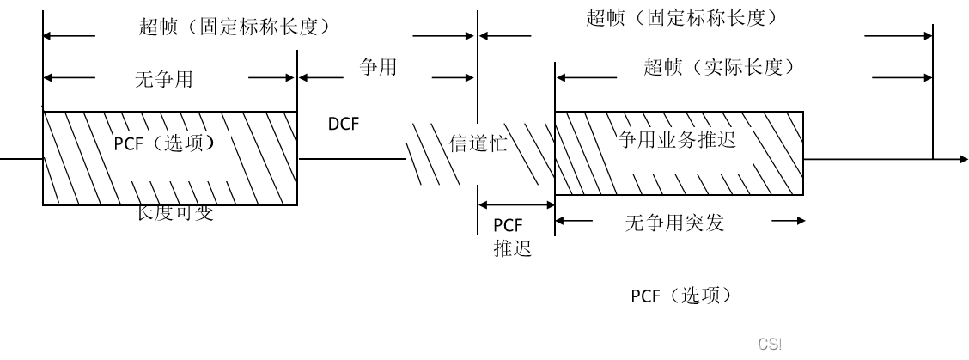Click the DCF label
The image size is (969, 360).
(344, 125)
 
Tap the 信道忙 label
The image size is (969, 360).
(478, 143)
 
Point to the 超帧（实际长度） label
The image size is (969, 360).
(719, 67)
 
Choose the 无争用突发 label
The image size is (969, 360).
(675, 223)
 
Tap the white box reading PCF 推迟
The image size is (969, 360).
(517, 253)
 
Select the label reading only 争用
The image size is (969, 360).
(378, 67)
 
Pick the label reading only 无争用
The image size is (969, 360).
(164, 80)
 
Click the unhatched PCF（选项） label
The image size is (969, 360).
(683, 296)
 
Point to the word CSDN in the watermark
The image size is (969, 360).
(778, 344)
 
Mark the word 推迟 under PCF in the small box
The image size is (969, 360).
(512, 249)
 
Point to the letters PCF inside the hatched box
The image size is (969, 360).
(129, 143)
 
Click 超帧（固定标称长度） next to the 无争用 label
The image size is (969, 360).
(235, 27)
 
